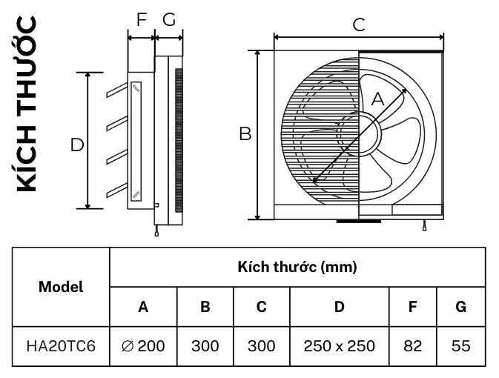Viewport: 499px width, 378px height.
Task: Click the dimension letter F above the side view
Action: pos(141,20)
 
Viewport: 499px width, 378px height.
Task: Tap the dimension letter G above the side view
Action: pos(169,20)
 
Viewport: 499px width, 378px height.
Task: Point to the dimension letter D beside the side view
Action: pos(76,145)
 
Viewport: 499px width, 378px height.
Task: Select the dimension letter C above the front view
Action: pos(358,24)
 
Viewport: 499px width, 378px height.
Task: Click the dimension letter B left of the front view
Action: pos(245,134)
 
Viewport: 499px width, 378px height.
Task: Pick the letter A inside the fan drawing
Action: pos(377,98)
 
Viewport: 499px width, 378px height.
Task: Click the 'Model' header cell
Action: pos(61,286)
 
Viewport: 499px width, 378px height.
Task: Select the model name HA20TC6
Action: pos(61,345)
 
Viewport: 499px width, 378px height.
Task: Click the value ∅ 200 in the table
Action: pos(143,345)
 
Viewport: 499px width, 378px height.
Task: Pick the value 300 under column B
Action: pos(205,345)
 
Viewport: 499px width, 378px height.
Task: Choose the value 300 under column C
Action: pos(261,345)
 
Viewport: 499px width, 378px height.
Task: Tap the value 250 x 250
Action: pos(339,345)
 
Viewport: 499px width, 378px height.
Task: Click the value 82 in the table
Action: pos(412,345)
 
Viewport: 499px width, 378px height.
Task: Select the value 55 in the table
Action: pos(460,345)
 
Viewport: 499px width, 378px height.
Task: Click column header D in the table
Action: pos(339,306)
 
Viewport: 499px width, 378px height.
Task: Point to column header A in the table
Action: pos(143,306)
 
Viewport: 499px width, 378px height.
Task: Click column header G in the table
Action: pos(460,306)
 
